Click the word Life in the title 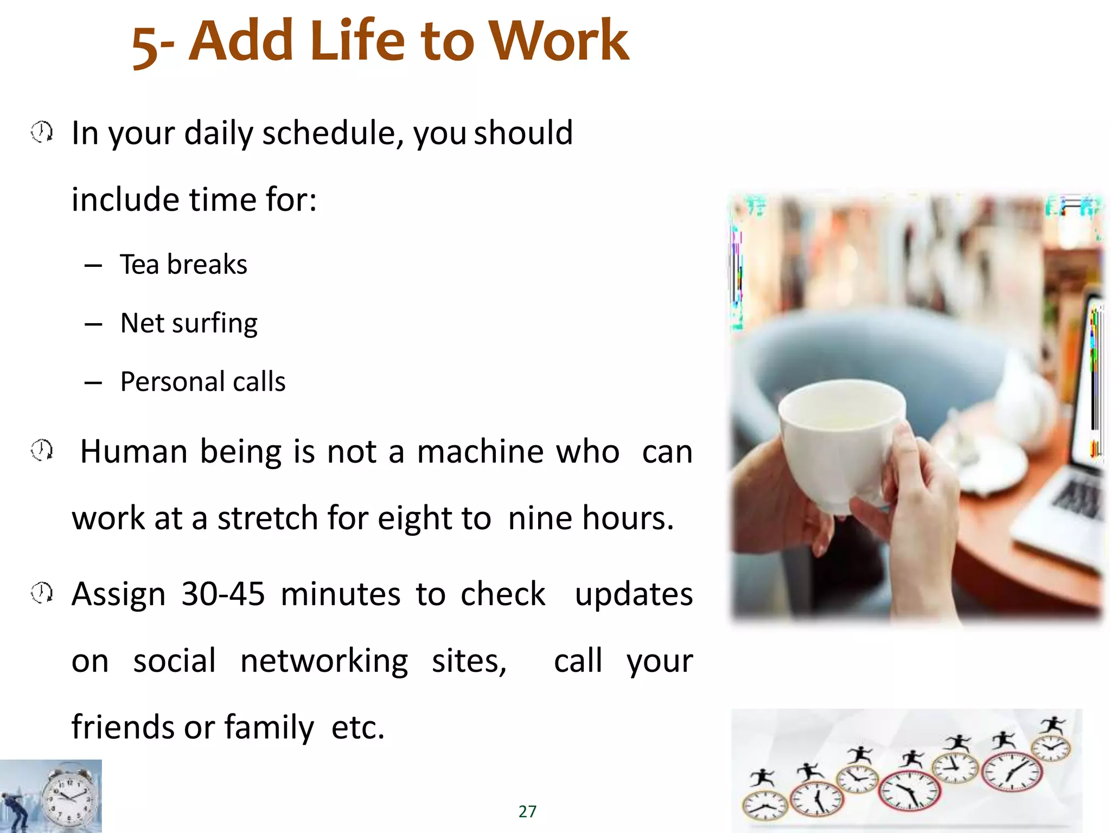click(357, 41)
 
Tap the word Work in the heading click(558, 41)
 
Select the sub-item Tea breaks click(183, 265)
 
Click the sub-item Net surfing click(189, 323)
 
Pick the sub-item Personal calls click(203, 382)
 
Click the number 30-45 click(223, 594)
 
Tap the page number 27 click(527, 811)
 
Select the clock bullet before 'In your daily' click(42, 132)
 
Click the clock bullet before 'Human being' click(42, 450)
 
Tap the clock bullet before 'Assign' click(42, 593)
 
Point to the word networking click(324, 661)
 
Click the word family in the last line click(269, 728)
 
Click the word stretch click(267, 518)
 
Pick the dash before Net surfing click(93, 324)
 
